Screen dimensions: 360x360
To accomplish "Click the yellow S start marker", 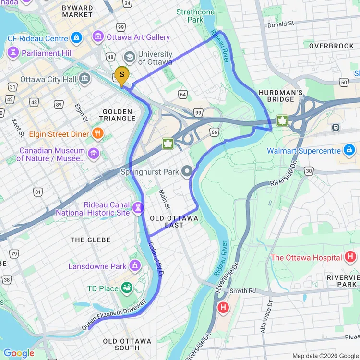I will (121, 75).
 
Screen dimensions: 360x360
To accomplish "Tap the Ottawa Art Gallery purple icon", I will (98, 36).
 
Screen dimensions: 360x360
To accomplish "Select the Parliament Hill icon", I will (13, 52).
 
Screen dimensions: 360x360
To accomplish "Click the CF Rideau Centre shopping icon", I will (76, 37).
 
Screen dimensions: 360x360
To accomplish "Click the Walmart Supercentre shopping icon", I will (349, 150).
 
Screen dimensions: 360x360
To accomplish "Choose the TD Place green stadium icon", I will (127, 288).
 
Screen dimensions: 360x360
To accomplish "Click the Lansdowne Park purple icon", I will (135, 265).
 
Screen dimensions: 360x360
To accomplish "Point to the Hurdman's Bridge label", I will (280, 96).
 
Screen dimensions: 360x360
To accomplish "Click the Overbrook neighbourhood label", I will (331, 46).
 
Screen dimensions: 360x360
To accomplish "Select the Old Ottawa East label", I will (174, 221).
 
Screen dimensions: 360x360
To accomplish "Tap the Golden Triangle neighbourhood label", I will (117, 115).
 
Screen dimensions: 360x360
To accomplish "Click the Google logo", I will (19, 353).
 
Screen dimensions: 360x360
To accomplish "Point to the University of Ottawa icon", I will (129, 57).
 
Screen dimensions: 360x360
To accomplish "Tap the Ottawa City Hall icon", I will (85, 78).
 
